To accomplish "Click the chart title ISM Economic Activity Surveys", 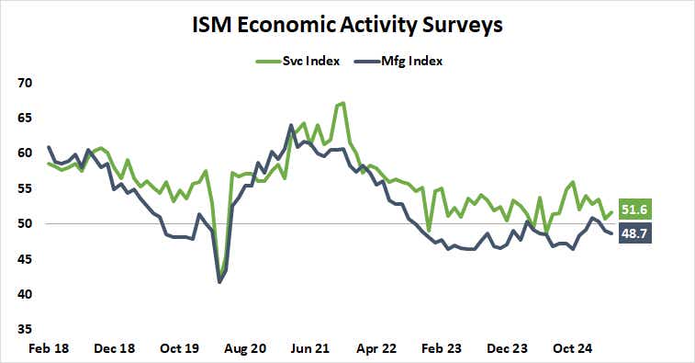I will click(346, 25).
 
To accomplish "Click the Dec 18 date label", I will click(116, 349).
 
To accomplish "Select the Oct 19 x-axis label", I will click(181, 349).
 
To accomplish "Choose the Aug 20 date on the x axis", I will click(247, 349).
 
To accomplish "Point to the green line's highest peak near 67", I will click(342, 103).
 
